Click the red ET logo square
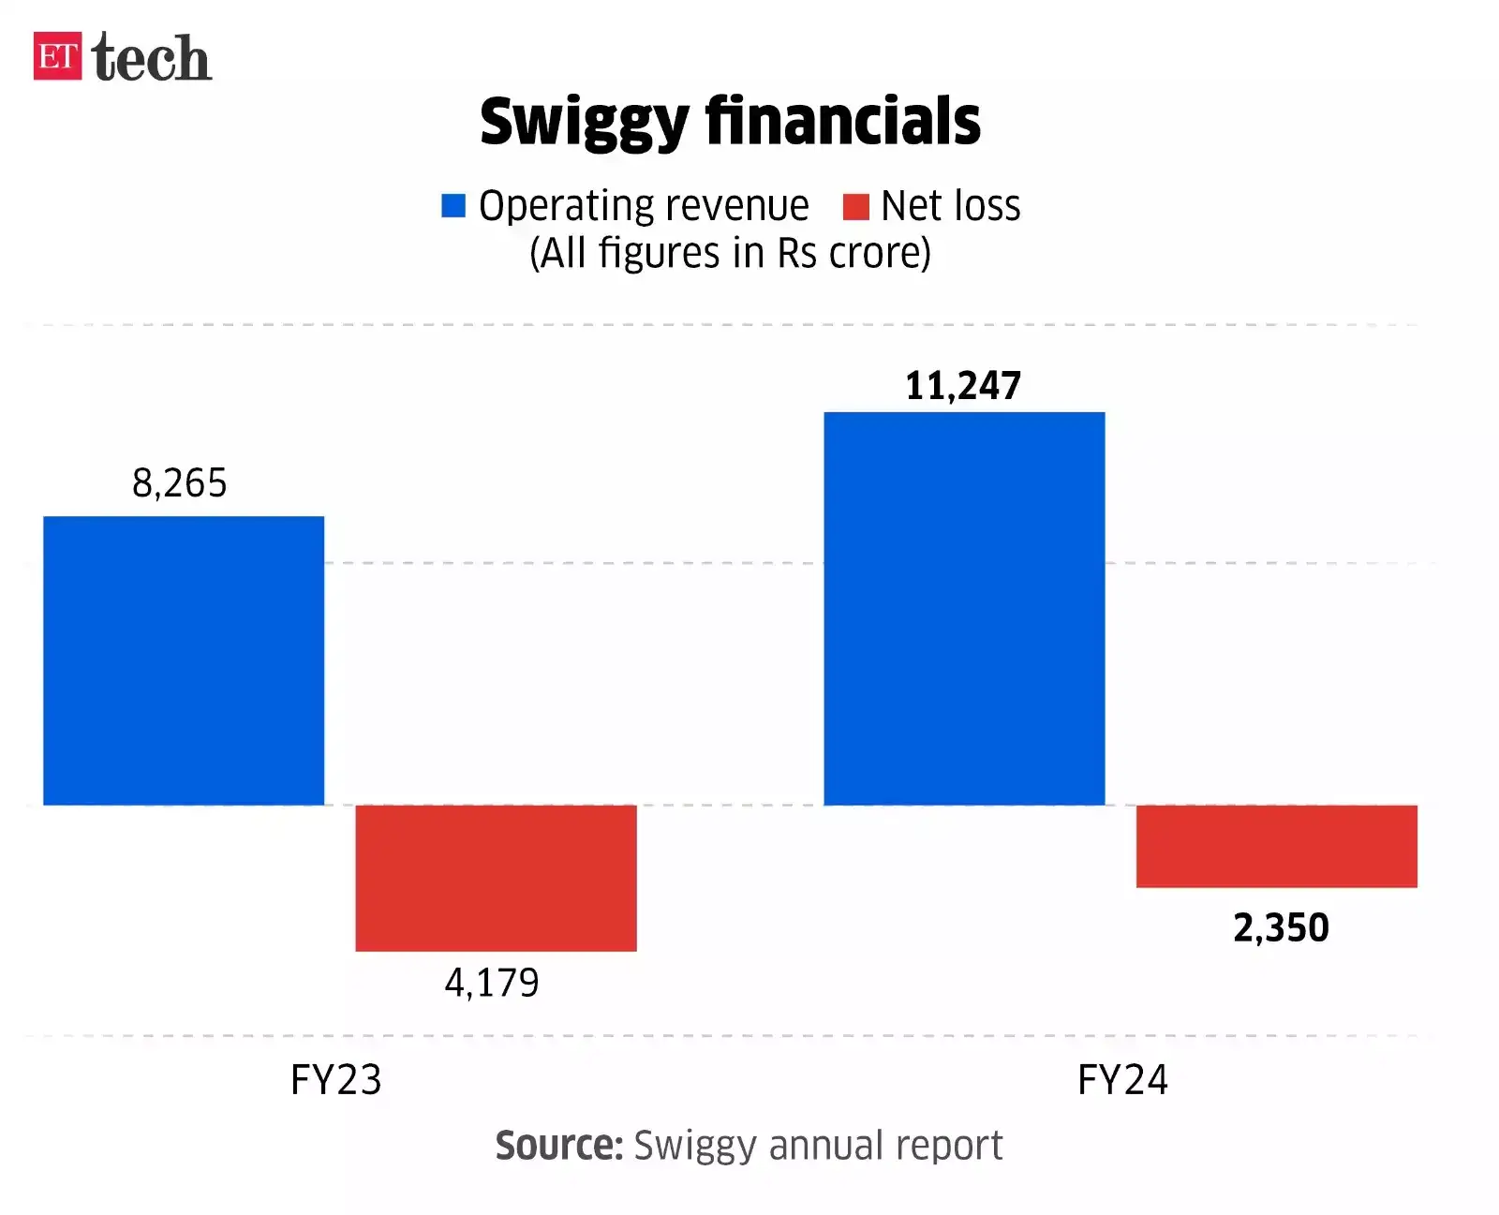click(x=57, y=56)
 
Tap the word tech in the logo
click(x=152, y=58)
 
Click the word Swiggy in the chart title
click(x=584, y=122)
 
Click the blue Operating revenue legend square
click(x=453, y=205)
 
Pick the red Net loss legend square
click(x=855, y=206)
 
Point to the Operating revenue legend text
click(x=644, y=206)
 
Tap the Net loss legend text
click(x=950, y=206)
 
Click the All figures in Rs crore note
click(x=730, y=253)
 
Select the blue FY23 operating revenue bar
click(x=184, y=660)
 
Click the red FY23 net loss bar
click(x=496, y=878)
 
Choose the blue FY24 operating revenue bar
click(x=964, y=608)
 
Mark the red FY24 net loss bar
click(x=1276, y=846)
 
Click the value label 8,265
click(x=180, y=483)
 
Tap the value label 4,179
click(x=492, y=983)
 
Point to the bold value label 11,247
click(x=963, y=386)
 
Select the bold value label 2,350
click(x=1281, y=927)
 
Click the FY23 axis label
click(x=336, y=1079)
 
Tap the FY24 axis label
click(x=1122, y=1079)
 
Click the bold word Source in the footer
click(x=558, y=1145)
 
